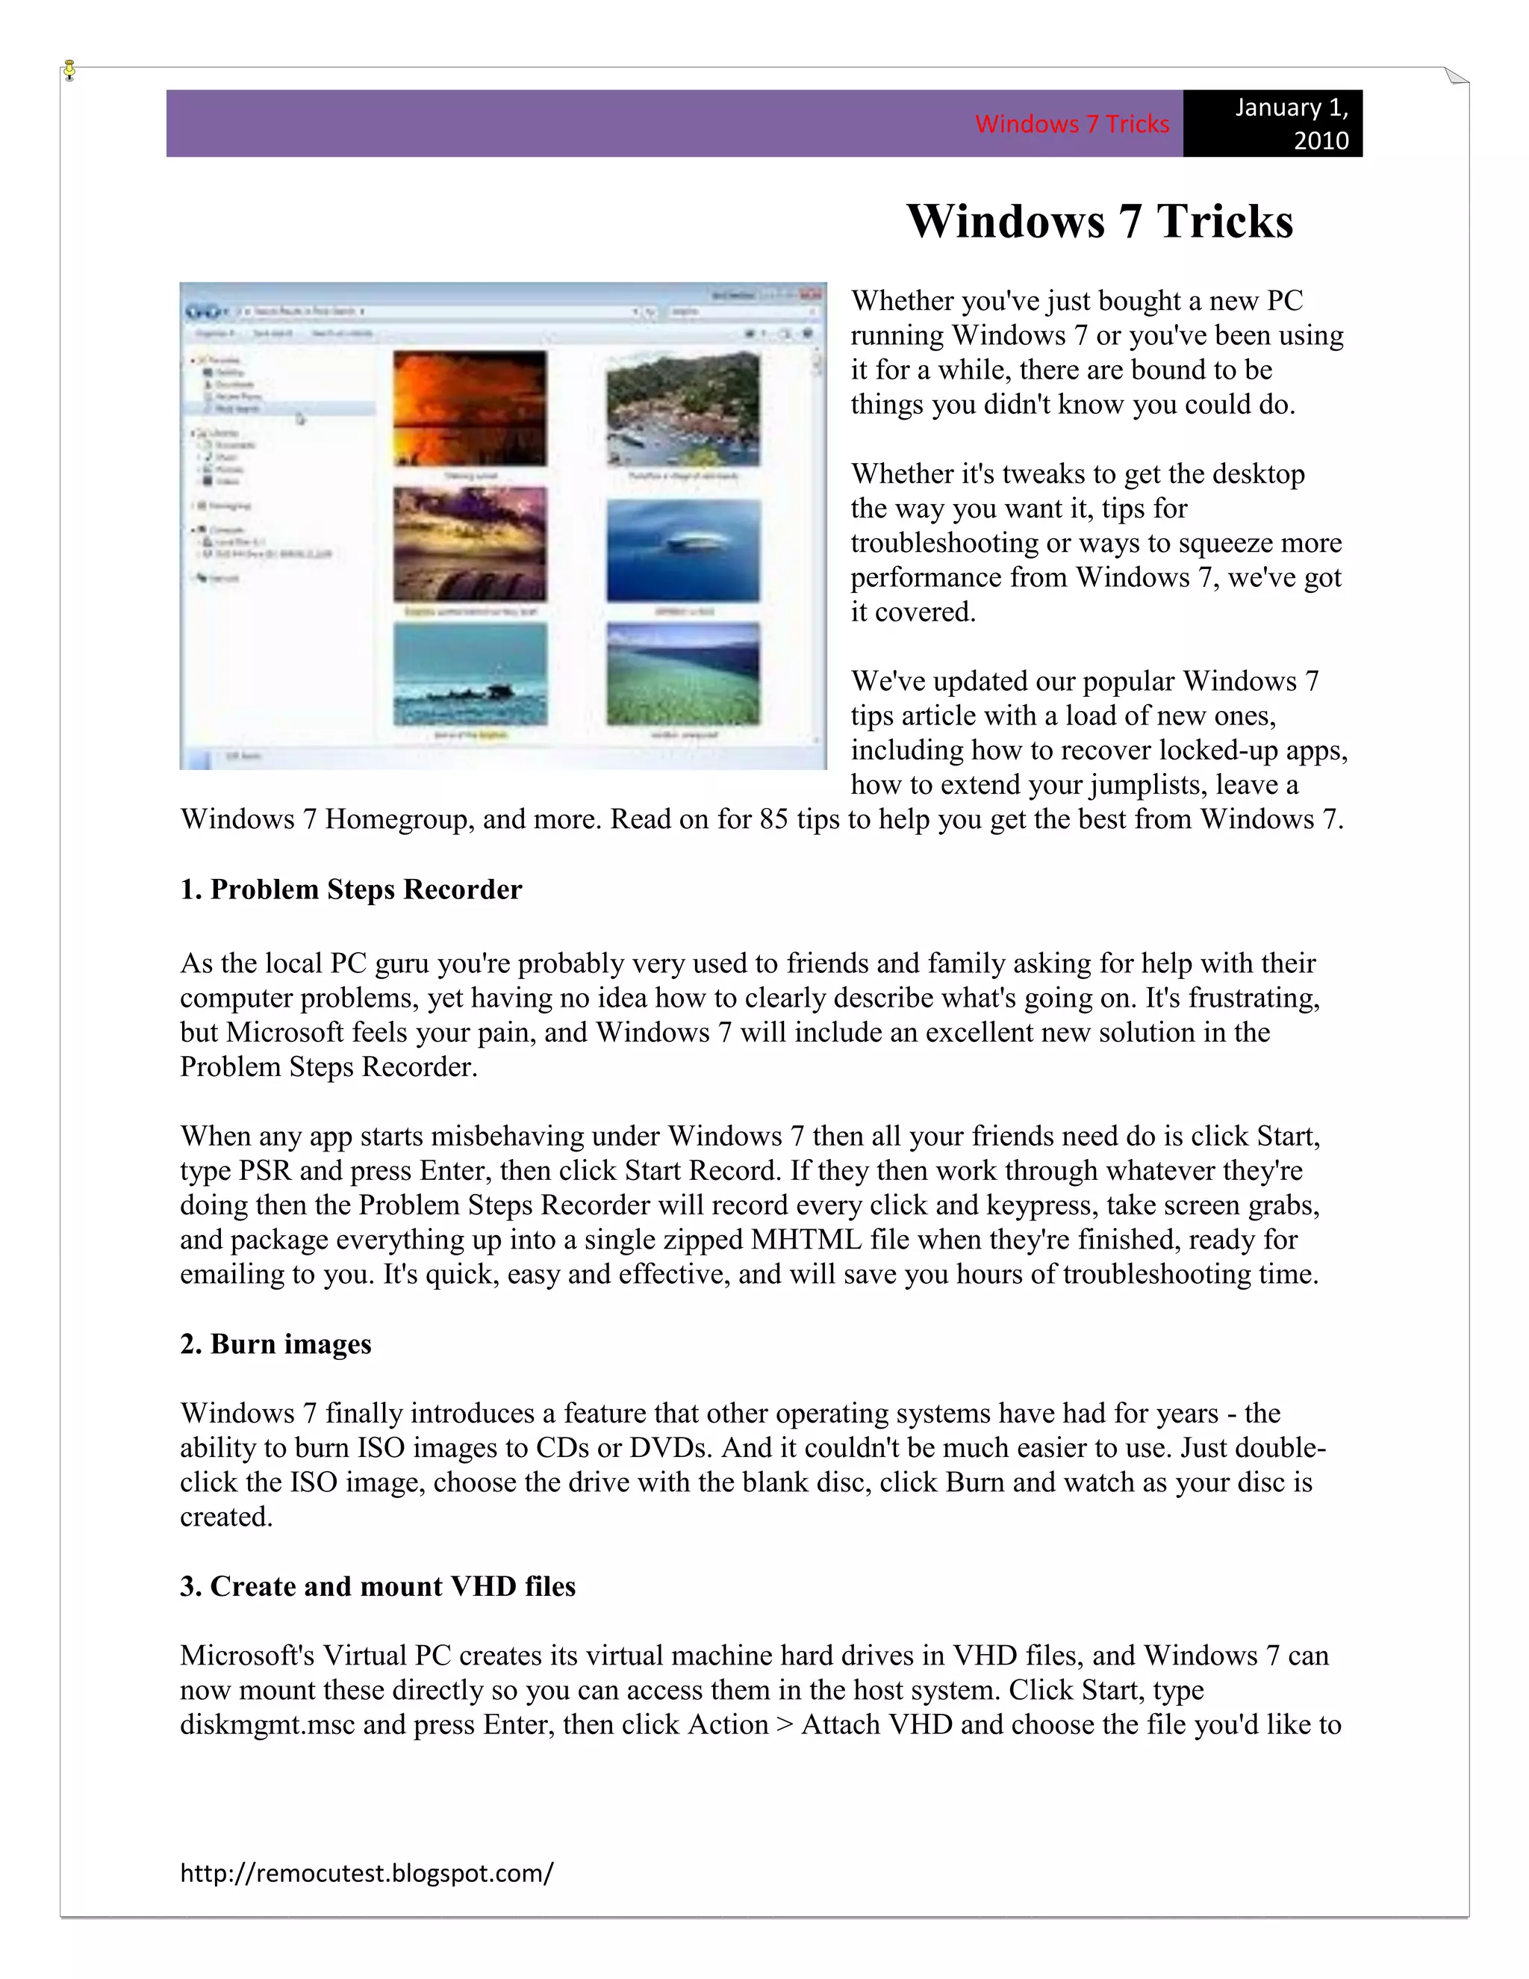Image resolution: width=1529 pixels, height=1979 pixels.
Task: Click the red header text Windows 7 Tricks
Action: tap(1071, 124)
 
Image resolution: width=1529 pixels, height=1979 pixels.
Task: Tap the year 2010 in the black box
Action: tap(1321, 140)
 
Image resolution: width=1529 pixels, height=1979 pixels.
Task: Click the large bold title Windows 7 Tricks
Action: tap(1100, 221)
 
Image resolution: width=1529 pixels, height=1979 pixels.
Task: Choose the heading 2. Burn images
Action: tap(275, 1343)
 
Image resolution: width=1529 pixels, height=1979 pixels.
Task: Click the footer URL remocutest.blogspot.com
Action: tap(366, 1872)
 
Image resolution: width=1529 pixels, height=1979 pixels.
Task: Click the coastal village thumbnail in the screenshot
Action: tap(683, 409)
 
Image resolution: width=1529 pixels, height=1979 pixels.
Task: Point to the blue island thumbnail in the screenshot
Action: tap(683, 550)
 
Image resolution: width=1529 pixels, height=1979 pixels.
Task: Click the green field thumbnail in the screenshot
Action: tap(683, 674)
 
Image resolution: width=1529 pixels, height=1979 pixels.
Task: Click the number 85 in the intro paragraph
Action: tap(773, 819)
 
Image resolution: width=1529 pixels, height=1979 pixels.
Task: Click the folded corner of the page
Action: tap(1457, 76)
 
